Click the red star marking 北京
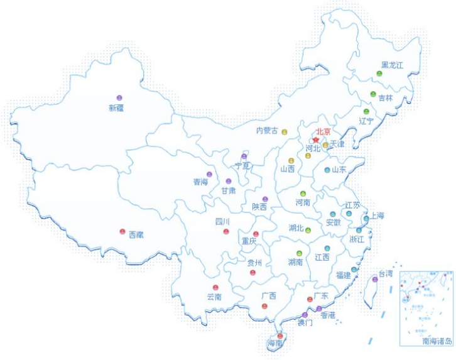click(x=315, y=140)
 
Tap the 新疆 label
click(x=116, y=107)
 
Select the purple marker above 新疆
click(x=119, y=98)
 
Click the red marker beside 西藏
click(x=122, y=232)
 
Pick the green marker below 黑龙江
click(x=379, y=74)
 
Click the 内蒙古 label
click(x=267, y=131)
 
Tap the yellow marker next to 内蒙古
click(x=285, y=132)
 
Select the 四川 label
click(x=222, y=222)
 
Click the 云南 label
click(x=215, y=297)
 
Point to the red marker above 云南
click(x=215, y=288)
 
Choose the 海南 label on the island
click(x=275, y=344)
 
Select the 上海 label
click(x=376, y=215)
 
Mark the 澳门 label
click(x=305, y=324)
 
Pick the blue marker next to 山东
click(x=327, y=170)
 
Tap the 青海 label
click(x=200, y=182)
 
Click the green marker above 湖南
click(x=300, y=253)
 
